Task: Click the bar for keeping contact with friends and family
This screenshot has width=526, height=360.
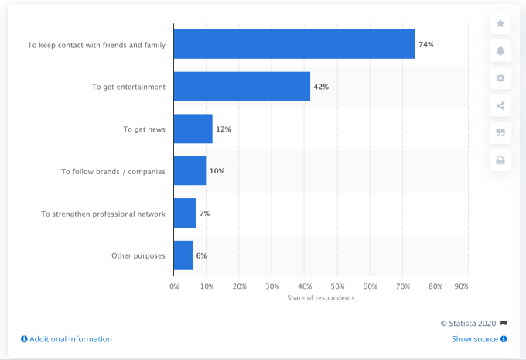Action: coord(294,44)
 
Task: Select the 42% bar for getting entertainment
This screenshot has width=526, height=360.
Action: coord(241,87)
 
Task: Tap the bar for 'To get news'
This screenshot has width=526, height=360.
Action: coord(193,129)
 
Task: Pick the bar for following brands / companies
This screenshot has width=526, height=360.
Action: coord(190,170)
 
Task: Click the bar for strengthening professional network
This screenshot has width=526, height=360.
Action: coord(185,213)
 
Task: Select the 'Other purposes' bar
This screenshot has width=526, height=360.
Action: coord(183,255)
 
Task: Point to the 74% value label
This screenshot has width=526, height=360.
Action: coord(425,44)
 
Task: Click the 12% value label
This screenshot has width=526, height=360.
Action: coord(224,129)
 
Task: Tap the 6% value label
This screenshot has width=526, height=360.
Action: coord(201,255)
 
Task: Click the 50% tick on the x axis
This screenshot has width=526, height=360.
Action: coord(337,286)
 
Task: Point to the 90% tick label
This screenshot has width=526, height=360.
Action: coord(462,286)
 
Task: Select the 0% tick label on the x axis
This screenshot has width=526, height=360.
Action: coord(174,286)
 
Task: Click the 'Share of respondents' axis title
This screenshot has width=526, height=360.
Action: coord(320,298)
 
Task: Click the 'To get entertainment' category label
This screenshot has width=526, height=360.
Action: coord(128,87)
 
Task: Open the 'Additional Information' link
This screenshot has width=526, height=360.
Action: coord(67,339)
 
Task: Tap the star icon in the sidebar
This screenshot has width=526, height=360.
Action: coord(500,23)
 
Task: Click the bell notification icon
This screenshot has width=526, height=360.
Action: coord(500,51)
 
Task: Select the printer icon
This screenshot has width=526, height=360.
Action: coord(500,160)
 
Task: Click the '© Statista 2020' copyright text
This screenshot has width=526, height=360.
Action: coord(468,324)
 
